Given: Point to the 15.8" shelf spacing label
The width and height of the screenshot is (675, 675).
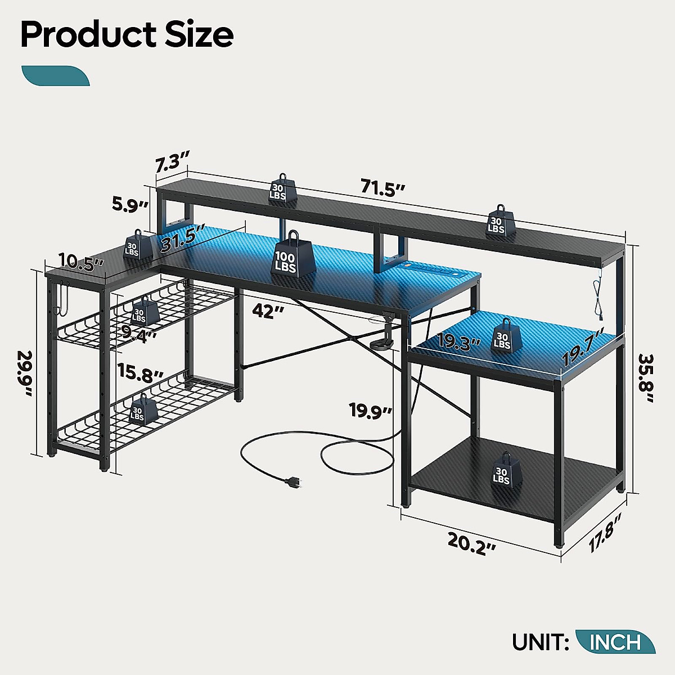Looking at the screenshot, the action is (x=140, y=372).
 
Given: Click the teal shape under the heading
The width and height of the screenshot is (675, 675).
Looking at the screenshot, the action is (x=55, y=76).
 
